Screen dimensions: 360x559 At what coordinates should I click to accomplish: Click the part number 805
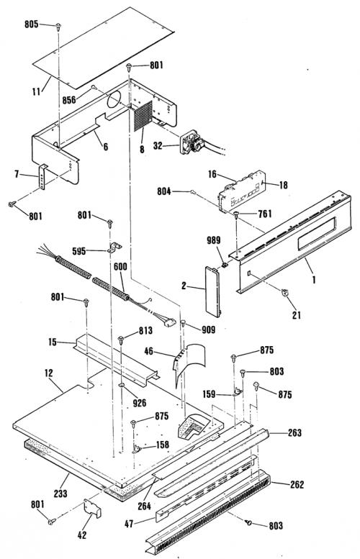tap(32, 24)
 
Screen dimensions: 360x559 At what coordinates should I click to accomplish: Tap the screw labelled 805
tap(58, 26)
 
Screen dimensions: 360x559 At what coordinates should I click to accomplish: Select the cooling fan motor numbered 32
tap(193, 142)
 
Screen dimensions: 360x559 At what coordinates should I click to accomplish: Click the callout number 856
tap(69, 99)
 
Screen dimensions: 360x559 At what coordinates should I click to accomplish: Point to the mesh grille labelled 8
tap(143, 117)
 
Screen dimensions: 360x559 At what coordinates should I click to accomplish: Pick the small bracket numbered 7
tap(42, 177)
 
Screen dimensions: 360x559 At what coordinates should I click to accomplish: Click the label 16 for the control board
tap(212, 174)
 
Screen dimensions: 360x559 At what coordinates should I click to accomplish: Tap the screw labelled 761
tap(237, 214)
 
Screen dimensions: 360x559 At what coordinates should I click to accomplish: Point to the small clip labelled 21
tap(284, 292)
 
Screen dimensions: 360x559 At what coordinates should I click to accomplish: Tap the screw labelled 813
tap(121, 339)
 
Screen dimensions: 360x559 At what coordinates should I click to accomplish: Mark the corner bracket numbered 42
tap(92, 508)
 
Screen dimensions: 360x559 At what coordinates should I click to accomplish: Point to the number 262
tap(297, 484)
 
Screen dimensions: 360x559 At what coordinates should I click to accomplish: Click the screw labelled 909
tap(183, 323)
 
